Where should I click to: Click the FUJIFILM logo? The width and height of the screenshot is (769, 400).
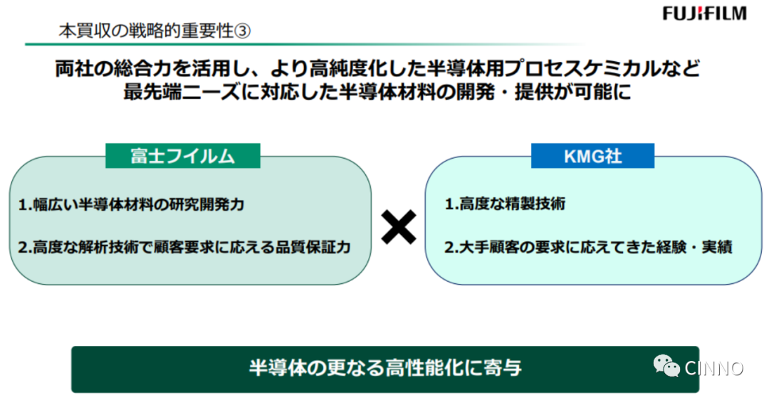704,14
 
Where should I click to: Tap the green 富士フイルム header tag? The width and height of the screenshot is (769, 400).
182,156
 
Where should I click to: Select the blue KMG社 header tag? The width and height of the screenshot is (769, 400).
592,156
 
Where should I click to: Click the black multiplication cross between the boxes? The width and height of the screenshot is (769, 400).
398,227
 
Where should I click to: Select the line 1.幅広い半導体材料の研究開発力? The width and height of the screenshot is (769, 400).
131,205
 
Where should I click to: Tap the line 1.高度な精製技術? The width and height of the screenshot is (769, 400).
505,204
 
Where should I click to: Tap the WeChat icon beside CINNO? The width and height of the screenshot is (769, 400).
667,367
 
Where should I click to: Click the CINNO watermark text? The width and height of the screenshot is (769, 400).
714,368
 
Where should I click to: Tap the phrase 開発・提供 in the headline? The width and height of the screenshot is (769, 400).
523,93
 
